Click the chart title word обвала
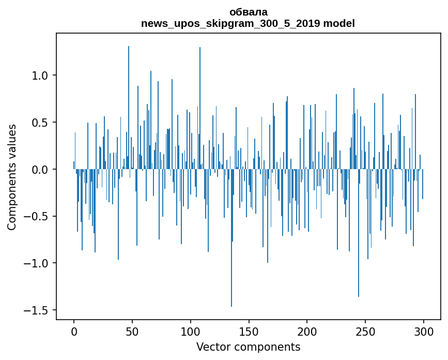[x=248, y=12]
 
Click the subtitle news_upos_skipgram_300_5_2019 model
[x=248, y=23]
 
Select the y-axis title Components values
[x=12, y=177]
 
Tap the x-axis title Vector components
[x=248, y=347]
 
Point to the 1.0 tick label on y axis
[x=40, y=76]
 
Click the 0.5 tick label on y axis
[x=40, y=123]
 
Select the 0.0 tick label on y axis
[x=40, y=170]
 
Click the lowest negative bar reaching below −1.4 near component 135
[x=231, y=259]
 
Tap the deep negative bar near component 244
[x=359, y=248]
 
